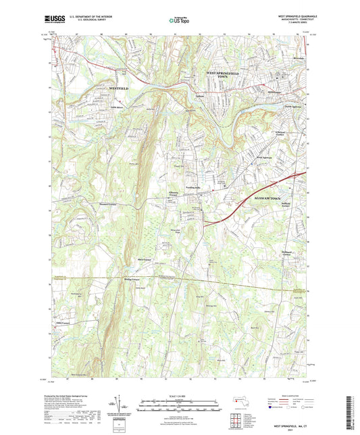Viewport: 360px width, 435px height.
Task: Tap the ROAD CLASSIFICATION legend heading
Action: (286, 396)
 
